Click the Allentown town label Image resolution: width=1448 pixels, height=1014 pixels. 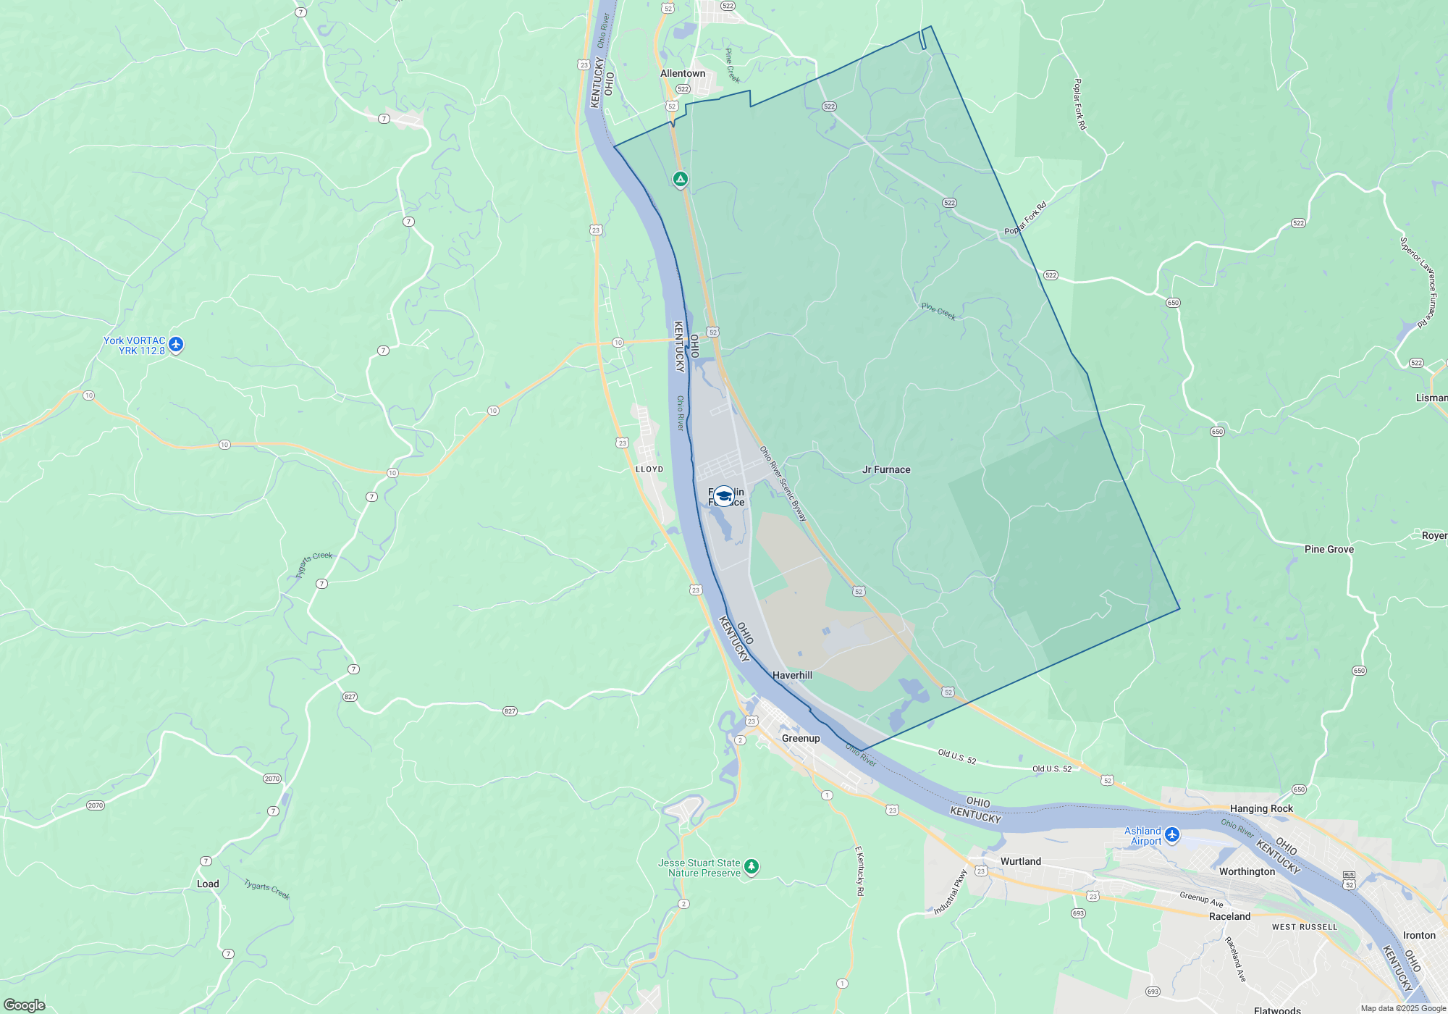click(682, 73)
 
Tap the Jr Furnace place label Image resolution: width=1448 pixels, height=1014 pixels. click(886, 469)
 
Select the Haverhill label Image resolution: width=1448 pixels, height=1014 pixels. click(792, 675)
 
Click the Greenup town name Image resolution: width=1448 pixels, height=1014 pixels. click(801, 738)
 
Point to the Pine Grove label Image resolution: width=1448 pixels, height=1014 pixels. click(1329, 549)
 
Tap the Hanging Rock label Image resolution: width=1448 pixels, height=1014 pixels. click(1261, 808)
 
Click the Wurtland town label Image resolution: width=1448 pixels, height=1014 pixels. click(1020, 861)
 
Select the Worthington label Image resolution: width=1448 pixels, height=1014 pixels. click(1247, 871)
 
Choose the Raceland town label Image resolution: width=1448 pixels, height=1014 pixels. click(1229, 916)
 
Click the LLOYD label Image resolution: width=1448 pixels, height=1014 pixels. click(649, 469)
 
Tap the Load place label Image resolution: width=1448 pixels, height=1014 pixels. click(208, 884)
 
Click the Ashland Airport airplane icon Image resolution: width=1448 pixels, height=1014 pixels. click(1172, 835)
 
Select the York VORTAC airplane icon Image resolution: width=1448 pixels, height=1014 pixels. click(176, 345)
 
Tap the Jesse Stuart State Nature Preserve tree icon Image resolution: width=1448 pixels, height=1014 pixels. click(752, 866)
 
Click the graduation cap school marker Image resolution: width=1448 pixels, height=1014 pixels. click(724, 496)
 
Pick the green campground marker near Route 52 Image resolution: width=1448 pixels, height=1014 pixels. click(680, 179)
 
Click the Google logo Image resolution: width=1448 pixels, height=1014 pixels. click(25, 1005)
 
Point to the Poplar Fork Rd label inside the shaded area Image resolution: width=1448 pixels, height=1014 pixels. click(1025, 219)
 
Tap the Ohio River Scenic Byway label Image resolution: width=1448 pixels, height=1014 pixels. click(783, 483)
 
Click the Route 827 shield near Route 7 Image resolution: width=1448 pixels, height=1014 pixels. click(350, 697)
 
